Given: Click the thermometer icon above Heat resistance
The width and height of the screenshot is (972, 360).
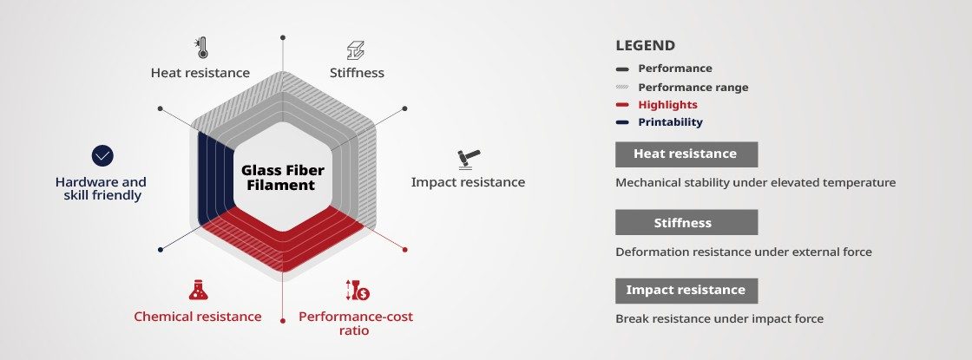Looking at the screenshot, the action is click(200, 48).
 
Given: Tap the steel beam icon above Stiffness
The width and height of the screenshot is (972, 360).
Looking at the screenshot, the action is click(356, 50).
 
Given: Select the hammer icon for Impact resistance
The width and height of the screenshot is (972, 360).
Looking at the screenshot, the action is click(469, 160).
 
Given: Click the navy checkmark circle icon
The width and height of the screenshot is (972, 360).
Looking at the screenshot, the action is click(102, 155).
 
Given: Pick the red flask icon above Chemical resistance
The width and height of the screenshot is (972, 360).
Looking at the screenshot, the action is click(199, 290).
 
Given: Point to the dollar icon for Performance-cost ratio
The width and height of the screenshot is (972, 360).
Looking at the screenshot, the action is click(358, 290).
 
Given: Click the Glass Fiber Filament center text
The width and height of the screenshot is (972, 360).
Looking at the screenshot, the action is click(283, 177).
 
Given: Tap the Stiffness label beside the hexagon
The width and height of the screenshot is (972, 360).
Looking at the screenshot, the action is click(357, 73).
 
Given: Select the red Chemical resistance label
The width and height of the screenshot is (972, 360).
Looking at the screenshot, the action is click(198, 317).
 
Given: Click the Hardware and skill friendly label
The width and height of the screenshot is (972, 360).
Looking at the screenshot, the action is click(101, 188).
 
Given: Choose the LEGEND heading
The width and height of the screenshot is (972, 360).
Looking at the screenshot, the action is click(646, 45).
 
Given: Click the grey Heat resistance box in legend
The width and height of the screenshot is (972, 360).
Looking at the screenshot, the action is click(686, 154).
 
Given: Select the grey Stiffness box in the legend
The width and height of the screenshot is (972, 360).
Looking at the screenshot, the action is click(686, 222).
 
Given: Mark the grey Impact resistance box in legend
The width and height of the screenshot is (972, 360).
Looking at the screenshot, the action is click(686, 291).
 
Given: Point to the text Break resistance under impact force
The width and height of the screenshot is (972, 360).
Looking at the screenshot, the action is click(719, 318).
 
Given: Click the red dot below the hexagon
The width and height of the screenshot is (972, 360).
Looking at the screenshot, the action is click(283, 321).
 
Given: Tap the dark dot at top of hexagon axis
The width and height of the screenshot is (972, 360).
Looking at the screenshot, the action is click(283, 38).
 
